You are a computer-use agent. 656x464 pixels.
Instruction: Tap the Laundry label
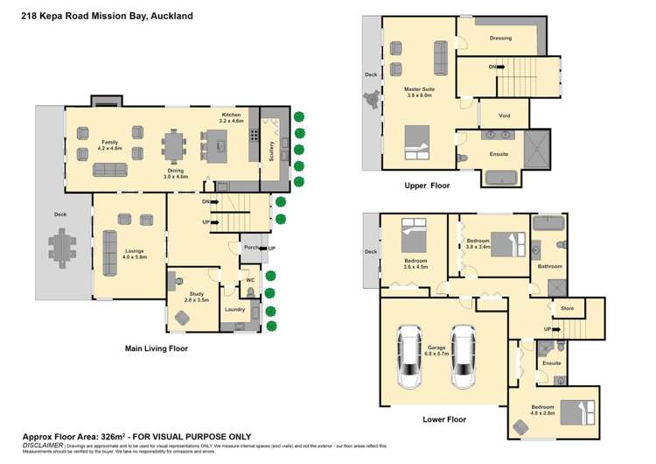(234, 309)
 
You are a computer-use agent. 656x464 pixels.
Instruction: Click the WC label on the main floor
(249, 281)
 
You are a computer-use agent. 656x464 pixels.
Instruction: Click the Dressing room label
(500, 39)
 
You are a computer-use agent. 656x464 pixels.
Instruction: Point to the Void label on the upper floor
(504, 115)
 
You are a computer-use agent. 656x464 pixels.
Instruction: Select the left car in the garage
(409, 356)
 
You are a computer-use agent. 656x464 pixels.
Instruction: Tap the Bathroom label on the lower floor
(549, 266)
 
